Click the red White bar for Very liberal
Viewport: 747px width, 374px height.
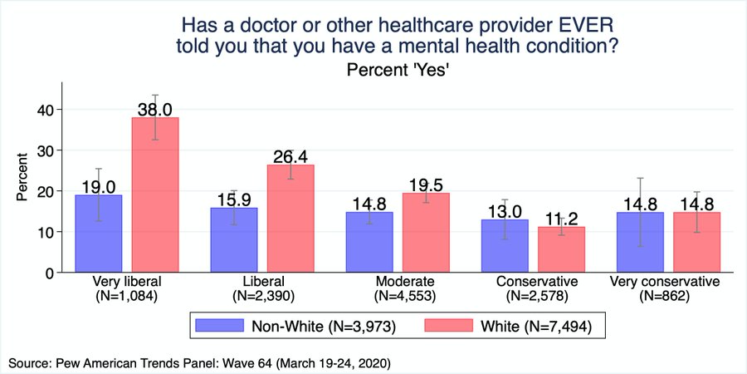coord(154,195)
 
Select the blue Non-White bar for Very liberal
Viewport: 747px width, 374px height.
coord(98,234)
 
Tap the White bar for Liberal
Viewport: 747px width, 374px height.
coord(290,219)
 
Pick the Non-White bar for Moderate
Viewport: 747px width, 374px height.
coord(369,242)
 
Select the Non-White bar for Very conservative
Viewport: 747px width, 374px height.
coord(640,242)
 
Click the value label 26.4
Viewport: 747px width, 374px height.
coord(290,156)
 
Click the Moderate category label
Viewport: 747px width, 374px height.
coord(398,281)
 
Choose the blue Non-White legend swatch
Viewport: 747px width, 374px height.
coord(217,326)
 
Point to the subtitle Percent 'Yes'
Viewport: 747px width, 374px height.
coord(398,71)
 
